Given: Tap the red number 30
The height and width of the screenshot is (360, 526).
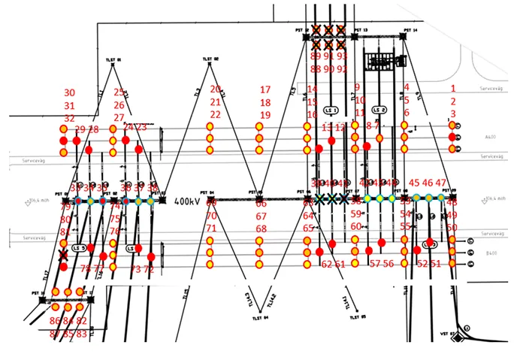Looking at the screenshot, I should coord(69,92).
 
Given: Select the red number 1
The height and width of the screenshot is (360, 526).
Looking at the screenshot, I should coord(453,89).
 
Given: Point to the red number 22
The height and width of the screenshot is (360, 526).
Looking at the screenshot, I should coord(216,114).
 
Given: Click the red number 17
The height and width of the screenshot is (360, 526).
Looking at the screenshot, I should coord(265,90).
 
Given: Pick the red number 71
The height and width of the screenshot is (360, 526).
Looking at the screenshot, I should coord(211,228).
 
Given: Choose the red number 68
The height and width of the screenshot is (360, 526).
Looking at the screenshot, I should coord(261,228).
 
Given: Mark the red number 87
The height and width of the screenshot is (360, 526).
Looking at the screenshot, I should coord(55,333).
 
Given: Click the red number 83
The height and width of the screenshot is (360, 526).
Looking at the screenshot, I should coord(82,333).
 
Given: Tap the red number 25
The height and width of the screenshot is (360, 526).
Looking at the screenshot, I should coord(119,92).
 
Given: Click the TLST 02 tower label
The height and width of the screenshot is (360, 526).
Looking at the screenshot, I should coord(210,59).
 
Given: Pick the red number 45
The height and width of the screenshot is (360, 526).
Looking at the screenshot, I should coord(414,183).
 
